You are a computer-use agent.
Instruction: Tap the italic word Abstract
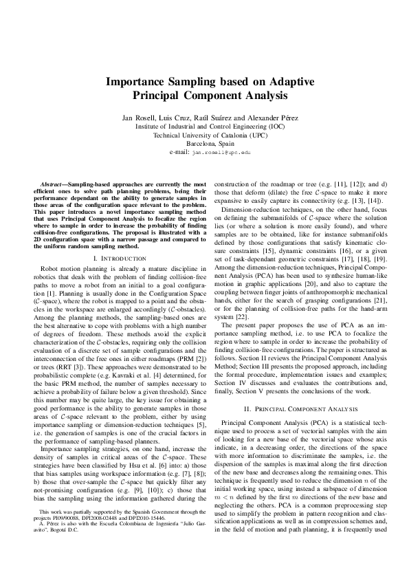click(x=52, y=186)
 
